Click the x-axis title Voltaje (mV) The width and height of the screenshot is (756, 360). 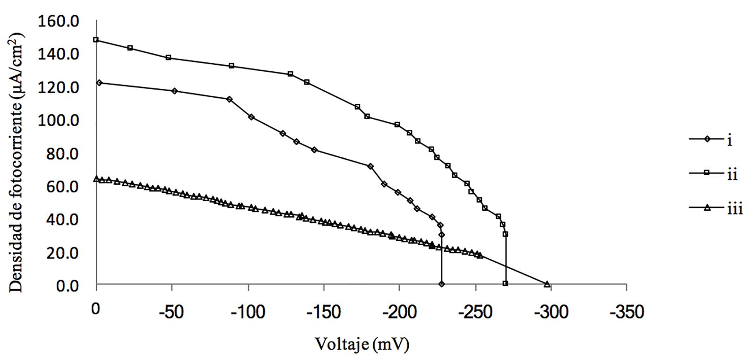click(362, 344)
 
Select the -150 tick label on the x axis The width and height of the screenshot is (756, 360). click(324, 312)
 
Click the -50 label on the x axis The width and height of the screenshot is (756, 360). click(172, 312)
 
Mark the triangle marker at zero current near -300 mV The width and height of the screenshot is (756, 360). click(547, 284)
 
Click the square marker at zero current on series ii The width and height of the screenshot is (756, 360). click(506, 283)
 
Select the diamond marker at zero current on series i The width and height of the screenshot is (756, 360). click(441, 284)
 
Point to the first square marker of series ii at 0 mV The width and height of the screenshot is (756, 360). click(96, 40)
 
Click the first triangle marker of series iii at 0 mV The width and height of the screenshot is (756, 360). click(96, 179)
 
